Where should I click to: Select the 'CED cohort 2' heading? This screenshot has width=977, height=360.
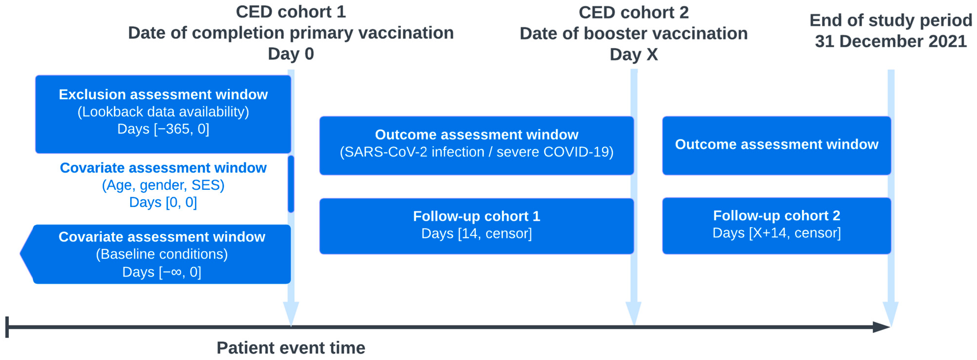click(633, 13)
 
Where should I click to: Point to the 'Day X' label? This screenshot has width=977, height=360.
click(633, 55)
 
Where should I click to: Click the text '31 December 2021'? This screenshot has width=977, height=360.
click(891, 41)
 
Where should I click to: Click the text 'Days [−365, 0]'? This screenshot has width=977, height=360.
click(163, 129)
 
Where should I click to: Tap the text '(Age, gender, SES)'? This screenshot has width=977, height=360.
click(163, 185)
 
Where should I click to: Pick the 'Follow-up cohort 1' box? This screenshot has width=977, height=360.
click(476, 226)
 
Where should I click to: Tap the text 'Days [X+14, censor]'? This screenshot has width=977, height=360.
click(776, 233)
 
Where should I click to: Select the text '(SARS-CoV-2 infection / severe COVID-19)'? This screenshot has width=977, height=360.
click(476, 152)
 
